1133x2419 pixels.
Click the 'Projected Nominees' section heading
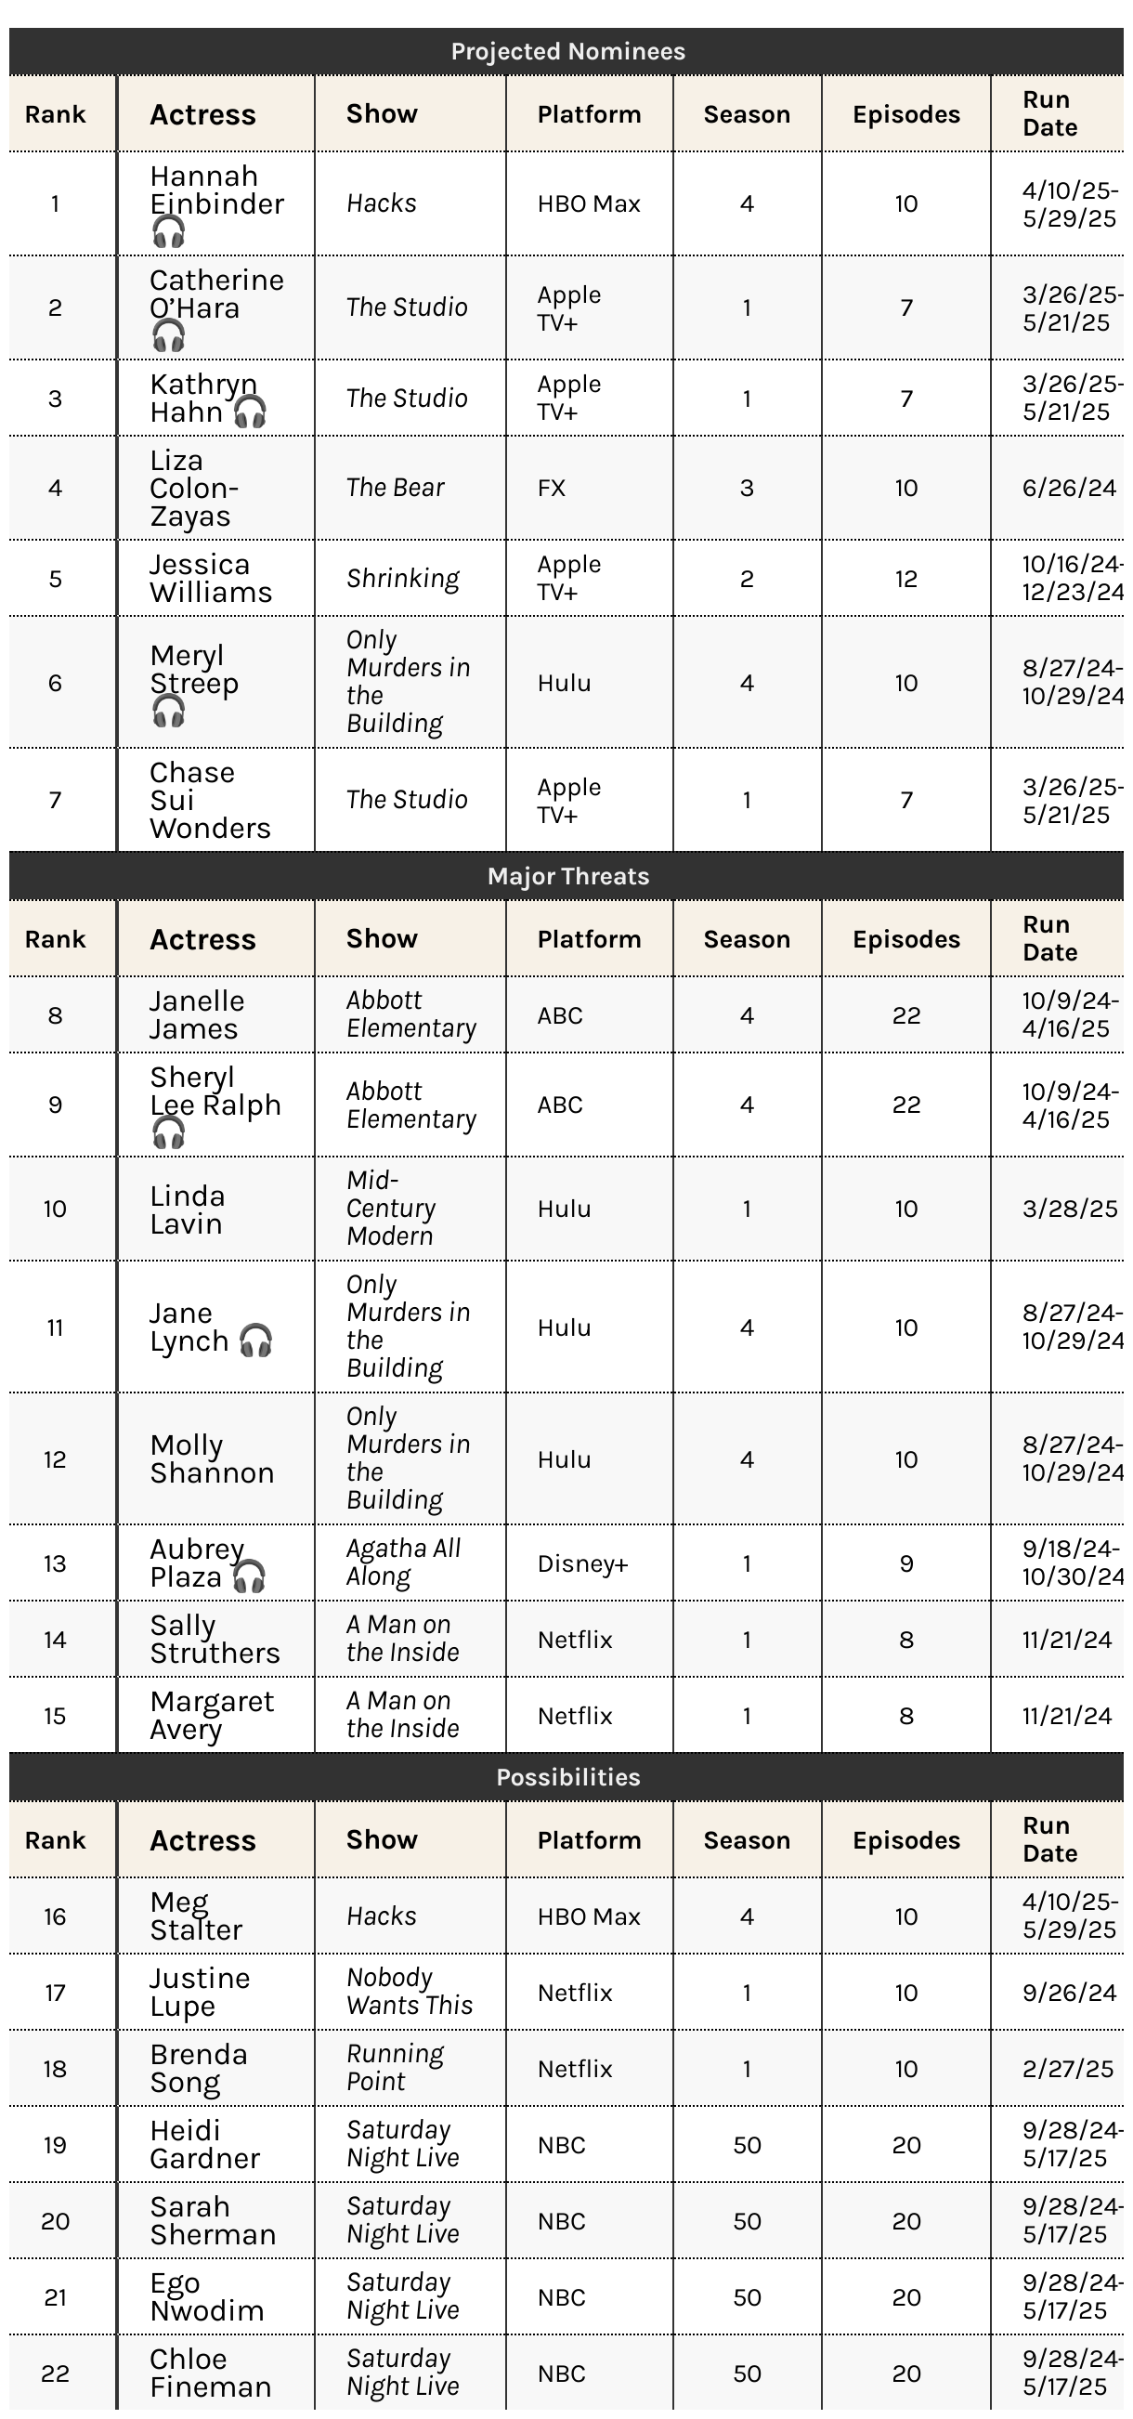pyautogui.click(x=567, y=52)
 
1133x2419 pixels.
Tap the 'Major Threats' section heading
pyautogui.click(x=567, y=876)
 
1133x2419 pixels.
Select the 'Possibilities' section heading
pyautogui.click(x=567, y=1778)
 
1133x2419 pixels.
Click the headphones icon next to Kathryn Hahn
pyautogui.click(x=250, y=412)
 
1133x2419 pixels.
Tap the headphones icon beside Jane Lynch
pyautogui.click(x=255, y=1341)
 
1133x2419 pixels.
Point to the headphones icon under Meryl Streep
pyautogui.click(x=169, y=712)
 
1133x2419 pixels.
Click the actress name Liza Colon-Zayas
pyautogui.click(x=193, y=489)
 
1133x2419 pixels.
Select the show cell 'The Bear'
pyautogui.click(x=396, y=489)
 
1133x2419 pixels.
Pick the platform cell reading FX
pyautogui.click(x=552, y=489)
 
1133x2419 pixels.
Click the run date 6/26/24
pyautogui.click(x=1069, y=489)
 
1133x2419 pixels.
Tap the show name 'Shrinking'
pyautogui.click(x=403, y=579)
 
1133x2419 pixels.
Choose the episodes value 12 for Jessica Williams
pyautogui.click(x=905, y=579)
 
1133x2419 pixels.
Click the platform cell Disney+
pyautogui.click(x=582, y=1563)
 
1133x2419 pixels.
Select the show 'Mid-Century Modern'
pyautogui.click(x=390, y=1209)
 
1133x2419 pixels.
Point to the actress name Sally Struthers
pyautogui.click(x=214, y=1640)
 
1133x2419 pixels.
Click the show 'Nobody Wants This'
pyautogui.click(x=409, y=1992)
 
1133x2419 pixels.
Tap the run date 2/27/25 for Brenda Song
pyautogui.click(x=1068, y=2069)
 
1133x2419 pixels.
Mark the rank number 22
pyautogui.click(x=56, y=2373)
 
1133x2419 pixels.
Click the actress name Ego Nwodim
pyautogui.click(x=206, y=2297)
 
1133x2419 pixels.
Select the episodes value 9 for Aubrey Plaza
pyautogui.click(x=905, y=1563)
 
